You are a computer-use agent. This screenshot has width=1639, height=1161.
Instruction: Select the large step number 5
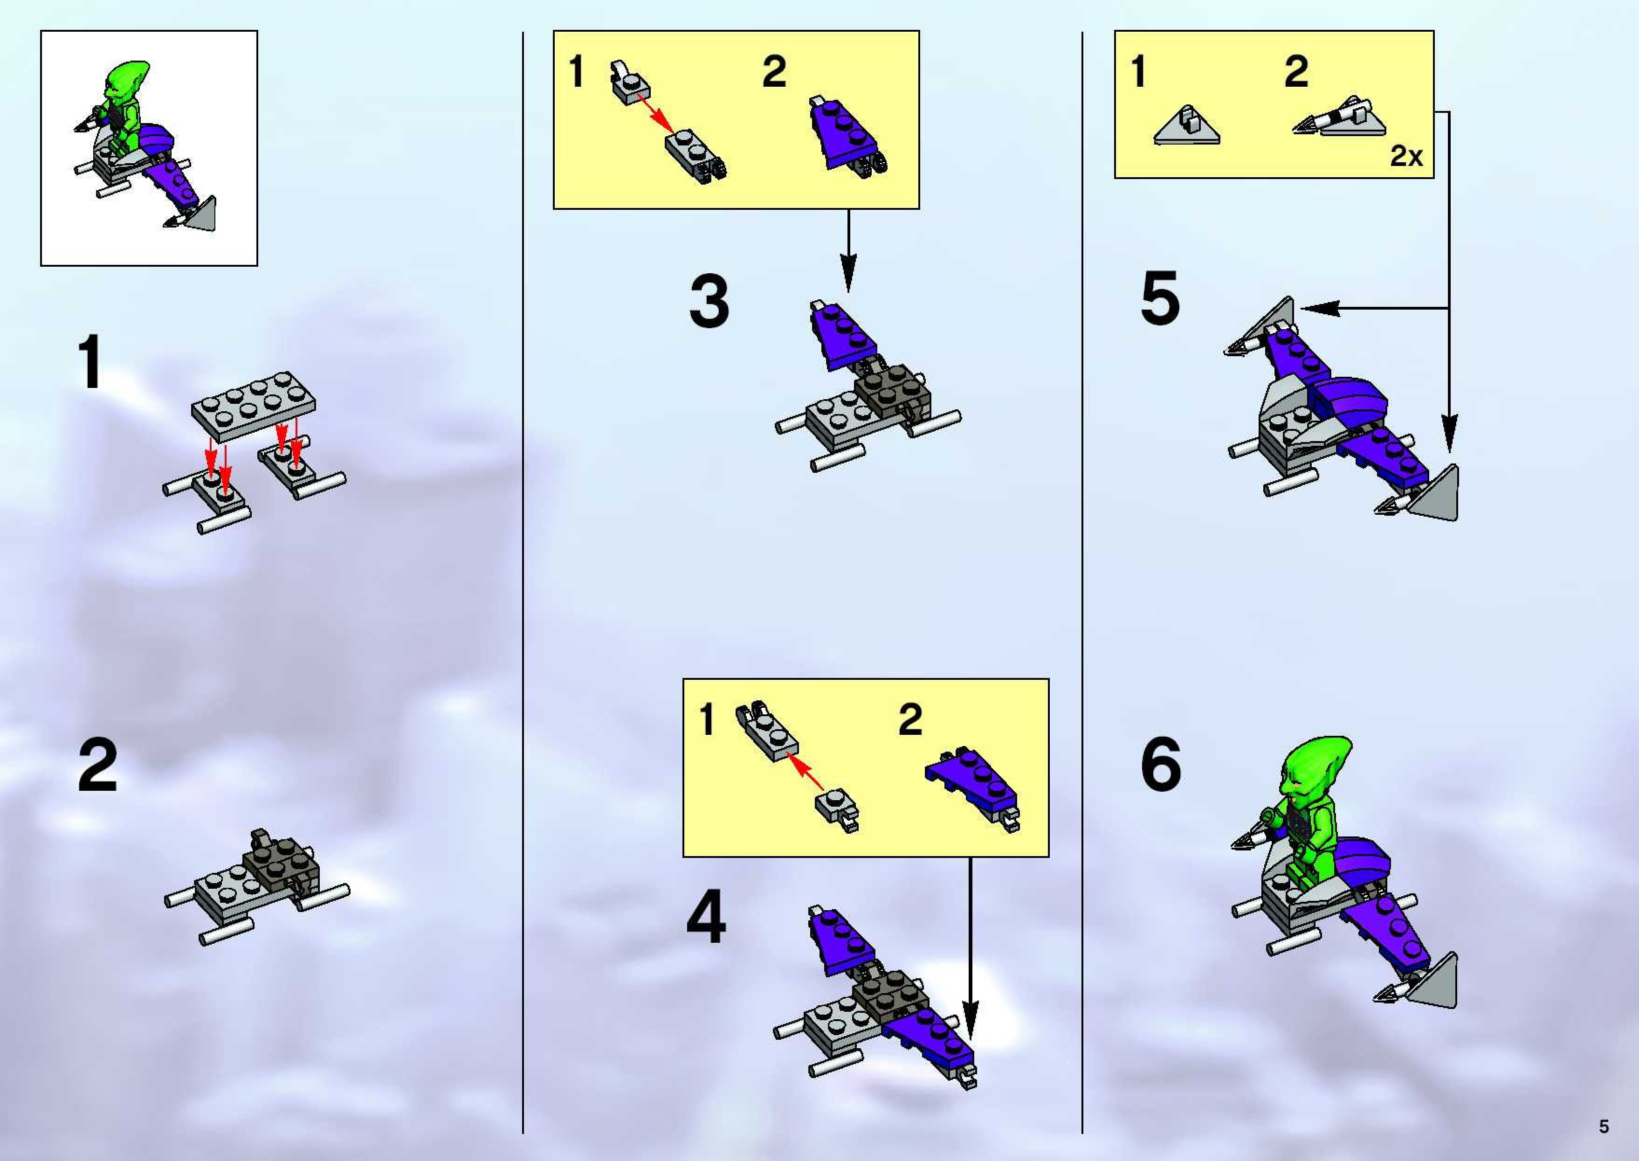tap(1160, 297)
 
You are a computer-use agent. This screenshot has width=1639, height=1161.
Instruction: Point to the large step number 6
tap(1161, 765)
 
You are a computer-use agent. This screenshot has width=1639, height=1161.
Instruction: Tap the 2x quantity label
tap(1406, 156)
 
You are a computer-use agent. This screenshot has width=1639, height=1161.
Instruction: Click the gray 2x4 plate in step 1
tap(253, 405)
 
